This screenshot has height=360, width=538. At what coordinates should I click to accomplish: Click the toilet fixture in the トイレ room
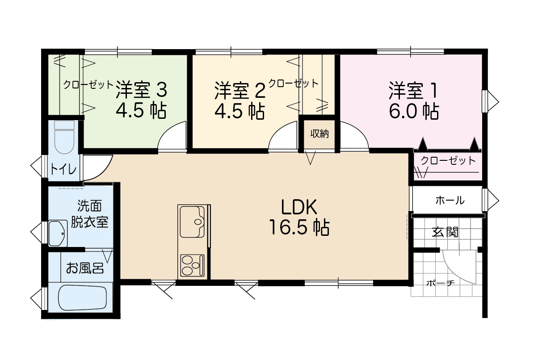click(x=64, y=137)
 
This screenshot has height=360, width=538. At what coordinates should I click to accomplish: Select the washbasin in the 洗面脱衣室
click(x=58, y=233)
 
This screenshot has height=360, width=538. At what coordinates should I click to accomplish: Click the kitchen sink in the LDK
click(x=192, y=222)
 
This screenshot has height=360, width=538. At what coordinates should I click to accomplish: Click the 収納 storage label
click(x=319, y=134)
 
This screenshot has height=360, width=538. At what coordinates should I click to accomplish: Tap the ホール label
click(x=450, y=200)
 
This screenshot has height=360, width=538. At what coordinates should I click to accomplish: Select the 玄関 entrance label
click(x=446, y=232)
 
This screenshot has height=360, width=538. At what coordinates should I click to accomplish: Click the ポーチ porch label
click(x=441, y=284)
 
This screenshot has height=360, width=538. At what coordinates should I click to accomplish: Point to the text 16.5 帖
click(x=299, y=227)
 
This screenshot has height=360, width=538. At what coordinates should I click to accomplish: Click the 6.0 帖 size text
click(x=414, y=111)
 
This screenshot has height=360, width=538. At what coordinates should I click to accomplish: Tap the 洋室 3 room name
click(x=141, y=90)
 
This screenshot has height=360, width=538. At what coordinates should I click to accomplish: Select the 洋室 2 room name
click(x=240, y=90)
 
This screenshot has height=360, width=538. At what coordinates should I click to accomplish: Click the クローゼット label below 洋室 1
click(x=448, y=160)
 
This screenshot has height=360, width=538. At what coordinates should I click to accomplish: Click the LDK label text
click(x=299, y=207)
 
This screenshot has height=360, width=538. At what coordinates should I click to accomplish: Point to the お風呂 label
click(x=85, y=268)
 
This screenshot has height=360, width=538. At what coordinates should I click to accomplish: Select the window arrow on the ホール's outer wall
click(x=492, y=201)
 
